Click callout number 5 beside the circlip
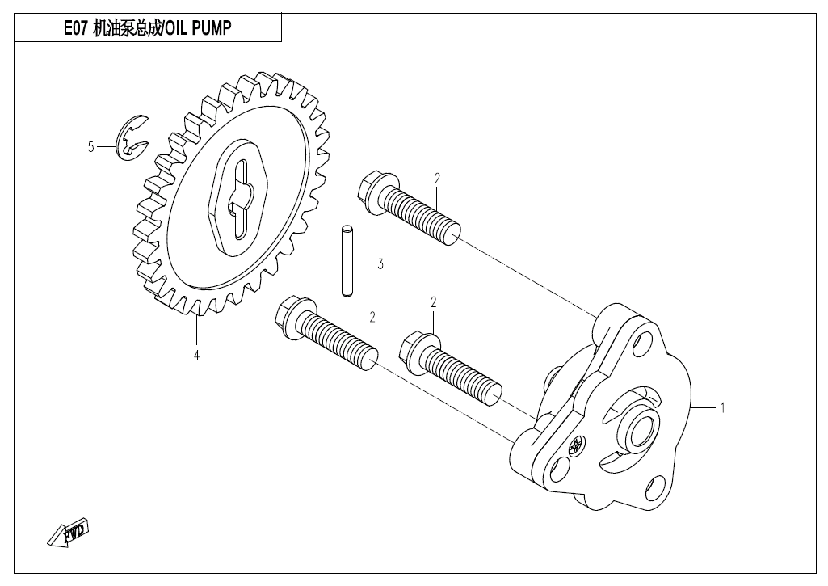click(90, 146)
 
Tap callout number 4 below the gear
click(196, 355)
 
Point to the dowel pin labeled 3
click(346, 260)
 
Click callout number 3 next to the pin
click(380, 263)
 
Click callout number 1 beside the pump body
click(722, 408)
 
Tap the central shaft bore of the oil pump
click(641, 426)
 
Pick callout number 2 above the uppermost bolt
click(437, 179)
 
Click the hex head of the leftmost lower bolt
click(292, 318)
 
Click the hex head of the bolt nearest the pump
click(417, 352)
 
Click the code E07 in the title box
click(75, 28)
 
